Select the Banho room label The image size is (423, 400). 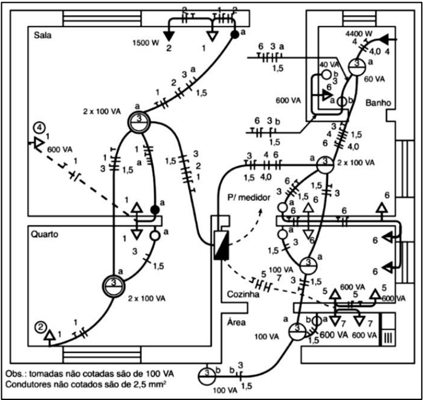pos(379,104)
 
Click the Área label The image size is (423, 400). pos(236,323)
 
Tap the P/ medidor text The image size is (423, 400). pos(247,197)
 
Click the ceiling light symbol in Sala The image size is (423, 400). pos(139,124)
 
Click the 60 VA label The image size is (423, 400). pos(375,79)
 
